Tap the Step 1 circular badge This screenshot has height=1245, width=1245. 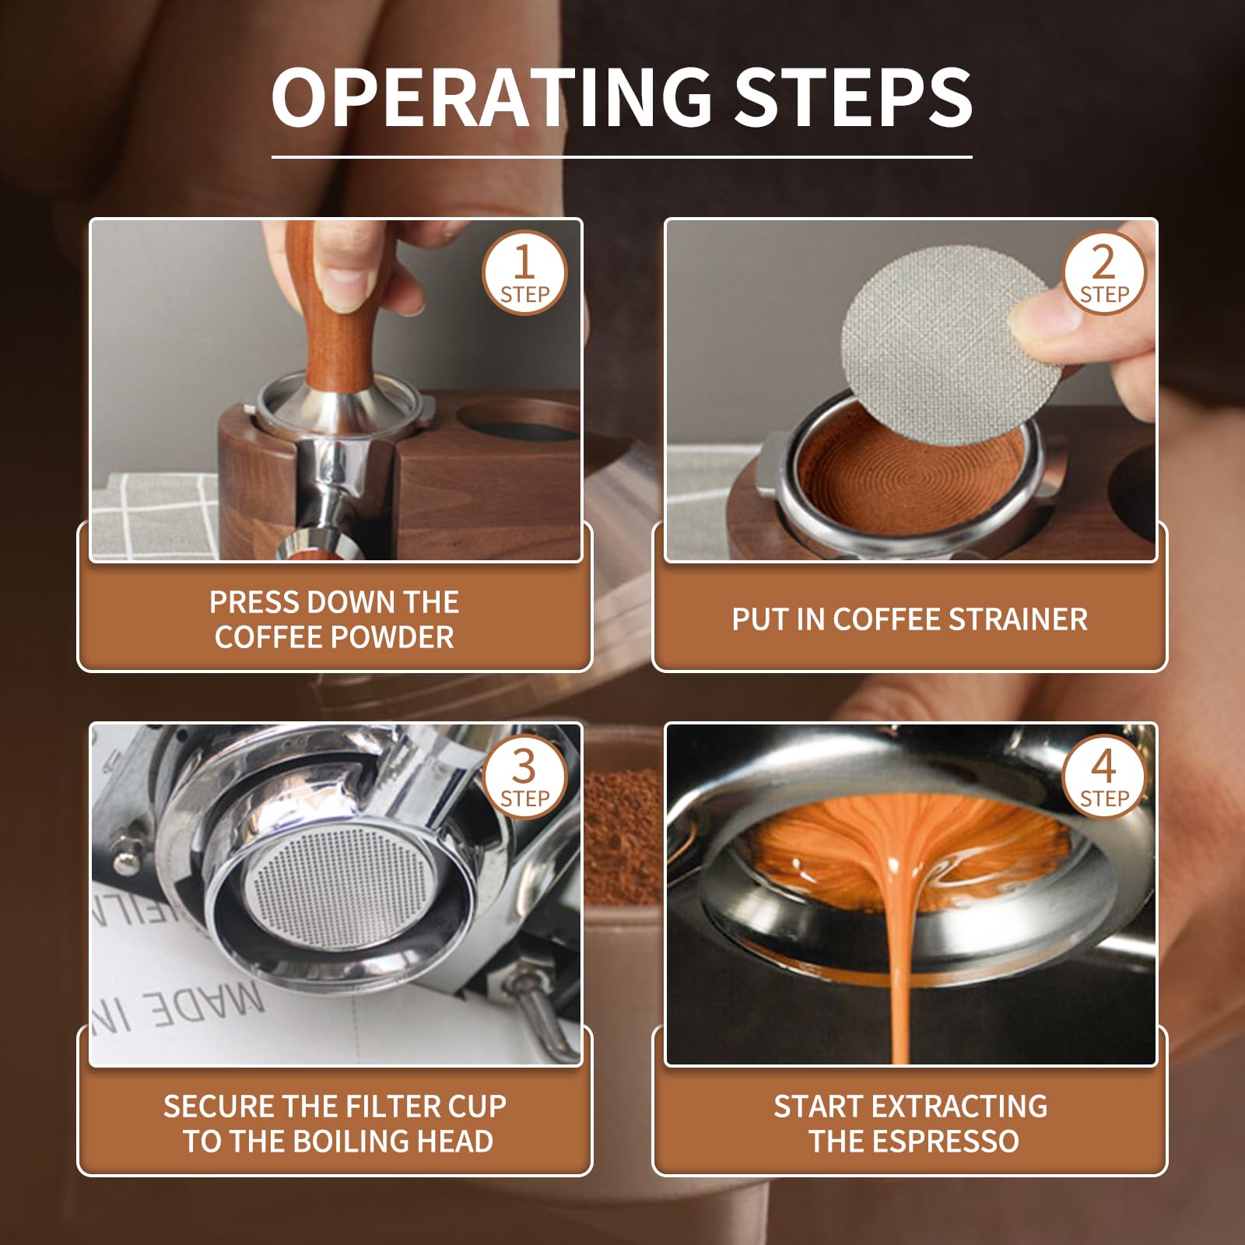524,273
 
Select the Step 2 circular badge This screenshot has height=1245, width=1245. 1103,273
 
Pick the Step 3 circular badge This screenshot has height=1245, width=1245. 524,777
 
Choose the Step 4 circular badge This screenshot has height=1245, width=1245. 1103,777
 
